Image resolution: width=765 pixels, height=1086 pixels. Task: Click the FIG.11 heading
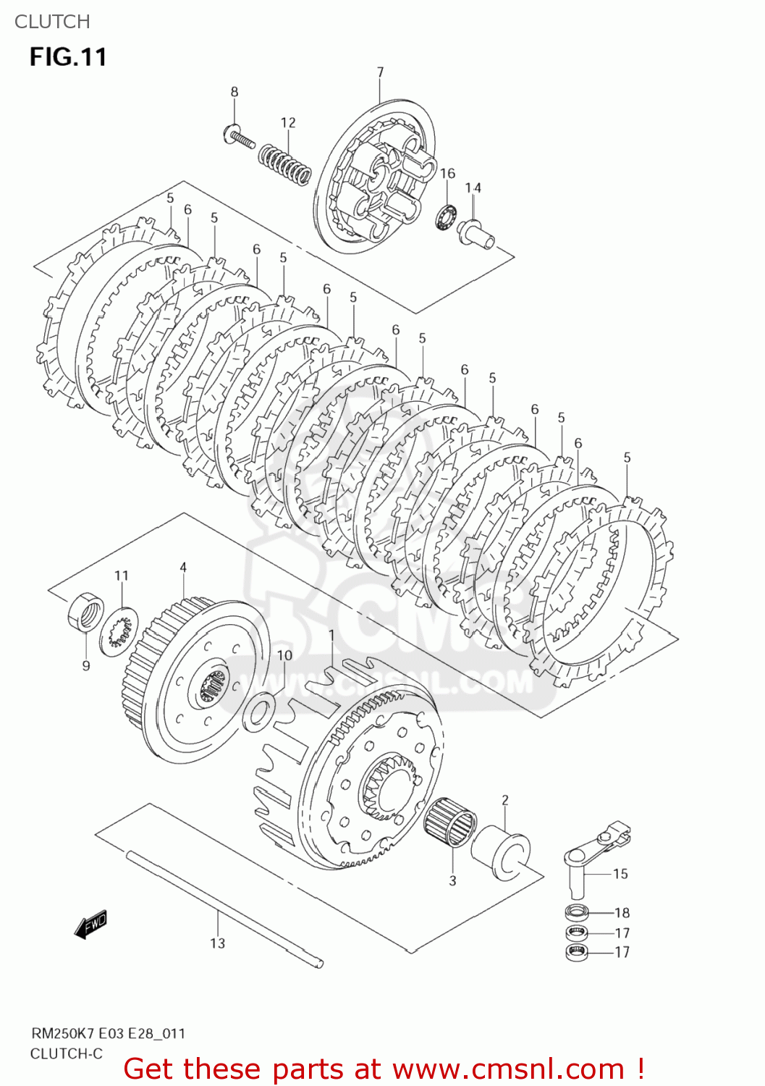(x=68, y=57)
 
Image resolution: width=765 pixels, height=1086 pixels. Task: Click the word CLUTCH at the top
(x=52, y=22)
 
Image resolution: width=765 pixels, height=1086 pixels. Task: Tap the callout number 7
(x=380, y=72)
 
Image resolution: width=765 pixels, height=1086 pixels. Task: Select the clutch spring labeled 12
(x=285, y=163)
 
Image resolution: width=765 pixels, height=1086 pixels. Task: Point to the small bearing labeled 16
(x=444, y=216)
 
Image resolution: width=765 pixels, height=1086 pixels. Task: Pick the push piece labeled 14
(x=476, y=233)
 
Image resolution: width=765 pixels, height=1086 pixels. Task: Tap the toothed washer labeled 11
(x=118, y=630)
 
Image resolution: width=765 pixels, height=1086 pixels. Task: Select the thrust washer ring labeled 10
(x=258, y=712)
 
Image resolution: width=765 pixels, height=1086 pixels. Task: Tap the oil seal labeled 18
(x=577, y=912)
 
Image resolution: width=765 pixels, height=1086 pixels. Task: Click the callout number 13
(x=217, y=943)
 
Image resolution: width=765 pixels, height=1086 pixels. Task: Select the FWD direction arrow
(x=91, y=925)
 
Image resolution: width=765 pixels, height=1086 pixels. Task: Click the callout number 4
(x=183, y=568)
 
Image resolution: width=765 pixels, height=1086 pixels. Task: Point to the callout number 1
(x=331, y=636)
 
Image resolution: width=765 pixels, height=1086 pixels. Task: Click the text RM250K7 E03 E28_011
(x=108, y=1033)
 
